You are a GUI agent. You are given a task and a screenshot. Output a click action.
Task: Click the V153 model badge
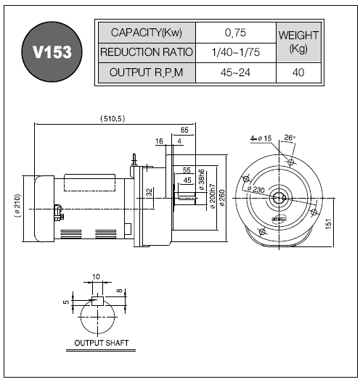tap(52, 51)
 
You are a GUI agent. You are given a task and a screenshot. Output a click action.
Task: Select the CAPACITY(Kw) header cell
tap(147, 33)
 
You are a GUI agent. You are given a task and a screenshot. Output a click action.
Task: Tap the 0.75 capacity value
tap(236, 33)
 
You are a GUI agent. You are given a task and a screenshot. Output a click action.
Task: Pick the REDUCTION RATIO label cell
tap(147, 52)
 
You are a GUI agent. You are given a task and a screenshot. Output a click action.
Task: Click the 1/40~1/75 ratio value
tap(236, 52)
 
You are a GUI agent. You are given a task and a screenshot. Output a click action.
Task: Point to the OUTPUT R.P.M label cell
tap(147, 72)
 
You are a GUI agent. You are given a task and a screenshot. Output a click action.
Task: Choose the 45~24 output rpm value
tap(236, 72)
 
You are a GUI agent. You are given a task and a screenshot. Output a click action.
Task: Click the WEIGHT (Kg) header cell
tap(298, 42)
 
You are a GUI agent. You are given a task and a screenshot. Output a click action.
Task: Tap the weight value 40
tap(298, 72)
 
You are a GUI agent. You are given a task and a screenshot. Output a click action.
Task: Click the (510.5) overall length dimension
tap(112, 119)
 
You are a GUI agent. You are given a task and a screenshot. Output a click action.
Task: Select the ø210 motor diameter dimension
tap(17, 206)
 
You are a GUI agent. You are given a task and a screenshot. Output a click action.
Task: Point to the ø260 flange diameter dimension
tap(222, 198)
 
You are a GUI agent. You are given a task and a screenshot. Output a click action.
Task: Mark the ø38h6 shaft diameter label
tap(202, 179)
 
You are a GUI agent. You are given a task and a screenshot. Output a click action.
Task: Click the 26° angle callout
tap(290, 138)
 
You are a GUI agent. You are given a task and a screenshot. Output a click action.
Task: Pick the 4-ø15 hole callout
tap(261, 138)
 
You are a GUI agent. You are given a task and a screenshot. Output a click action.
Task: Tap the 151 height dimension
tap(329, 224)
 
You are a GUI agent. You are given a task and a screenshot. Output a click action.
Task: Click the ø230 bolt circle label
tap(255, 189)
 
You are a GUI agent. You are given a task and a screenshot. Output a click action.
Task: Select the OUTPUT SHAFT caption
tap(101, 343)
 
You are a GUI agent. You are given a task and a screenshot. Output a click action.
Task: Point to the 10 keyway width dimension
tap(96, 277)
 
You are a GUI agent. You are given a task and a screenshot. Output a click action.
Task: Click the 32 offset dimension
tap(150, 192)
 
